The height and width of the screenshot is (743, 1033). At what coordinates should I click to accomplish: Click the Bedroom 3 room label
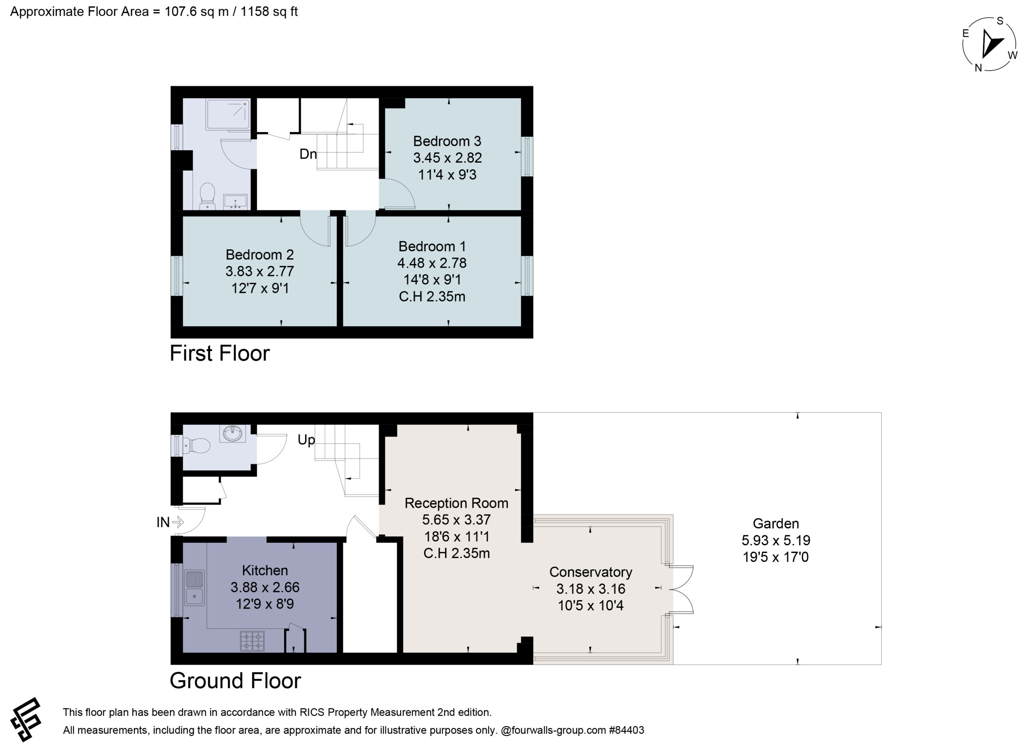coord(447,141)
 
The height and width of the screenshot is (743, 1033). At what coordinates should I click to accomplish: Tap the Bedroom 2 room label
coord(259,255)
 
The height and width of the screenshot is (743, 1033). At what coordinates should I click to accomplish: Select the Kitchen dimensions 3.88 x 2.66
coord(265,587)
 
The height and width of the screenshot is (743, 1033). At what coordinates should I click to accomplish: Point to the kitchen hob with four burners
coord(252,641)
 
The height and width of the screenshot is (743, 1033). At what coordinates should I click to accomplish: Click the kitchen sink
coord(194,588)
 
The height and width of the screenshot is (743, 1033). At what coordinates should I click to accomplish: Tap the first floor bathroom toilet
coord(208,196)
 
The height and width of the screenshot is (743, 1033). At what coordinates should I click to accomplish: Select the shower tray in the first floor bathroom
coord(228,114)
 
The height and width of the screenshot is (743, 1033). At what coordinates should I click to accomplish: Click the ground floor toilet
coord(196,445)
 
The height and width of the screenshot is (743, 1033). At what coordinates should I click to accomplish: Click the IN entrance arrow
coord(178,522)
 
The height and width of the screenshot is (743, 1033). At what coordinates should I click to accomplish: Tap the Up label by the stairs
coord(306,440)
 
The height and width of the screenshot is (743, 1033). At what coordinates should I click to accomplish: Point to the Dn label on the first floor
coord(308,154)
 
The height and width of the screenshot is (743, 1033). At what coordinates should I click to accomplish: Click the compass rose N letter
coord(978,68)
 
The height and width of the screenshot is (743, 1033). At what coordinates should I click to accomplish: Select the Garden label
coord(776,524)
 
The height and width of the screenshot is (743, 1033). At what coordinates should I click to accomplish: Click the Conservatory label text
coord(590,572)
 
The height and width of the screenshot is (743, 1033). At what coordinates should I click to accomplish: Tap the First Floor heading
coord(220,354)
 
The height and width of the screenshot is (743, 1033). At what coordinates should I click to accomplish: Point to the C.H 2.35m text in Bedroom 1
coord(432,297)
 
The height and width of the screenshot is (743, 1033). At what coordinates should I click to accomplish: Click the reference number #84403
coord(626,730)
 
